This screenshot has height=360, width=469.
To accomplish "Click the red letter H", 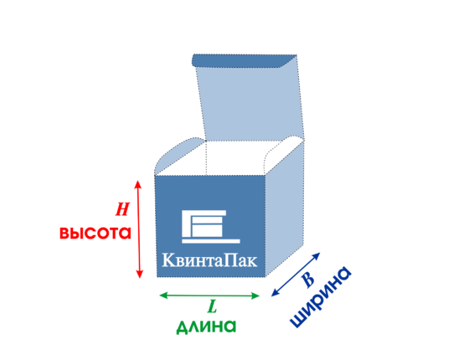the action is [122, 209].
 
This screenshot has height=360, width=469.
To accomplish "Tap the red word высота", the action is [95, 233].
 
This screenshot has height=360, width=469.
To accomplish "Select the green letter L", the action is [212, 306].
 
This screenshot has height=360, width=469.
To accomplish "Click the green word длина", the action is [206, 327].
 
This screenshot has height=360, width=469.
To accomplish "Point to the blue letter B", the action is [308, 280].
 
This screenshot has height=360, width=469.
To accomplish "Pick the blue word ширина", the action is [321, 296].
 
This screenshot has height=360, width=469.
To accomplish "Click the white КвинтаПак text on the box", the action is [209, 260].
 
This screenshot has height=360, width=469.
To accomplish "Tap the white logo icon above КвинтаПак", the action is [210, 226].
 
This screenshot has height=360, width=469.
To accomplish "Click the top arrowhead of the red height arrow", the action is [137, 184].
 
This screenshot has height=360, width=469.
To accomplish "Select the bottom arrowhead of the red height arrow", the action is [139, 275].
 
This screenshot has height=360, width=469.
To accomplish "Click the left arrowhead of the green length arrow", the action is [163, 296].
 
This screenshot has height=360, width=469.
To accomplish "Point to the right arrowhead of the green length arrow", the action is [255, 296].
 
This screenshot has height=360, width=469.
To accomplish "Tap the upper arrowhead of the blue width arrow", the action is [317, 256].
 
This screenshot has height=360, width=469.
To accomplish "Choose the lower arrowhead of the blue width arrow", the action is [275, 292].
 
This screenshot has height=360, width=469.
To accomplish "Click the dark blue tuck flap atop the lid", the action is [243, 60].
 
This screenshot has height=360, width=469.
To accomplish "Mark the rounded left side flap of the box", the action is [177, 156].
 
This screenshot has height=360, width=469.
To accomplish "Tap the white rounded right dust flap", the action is [283, 152].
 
